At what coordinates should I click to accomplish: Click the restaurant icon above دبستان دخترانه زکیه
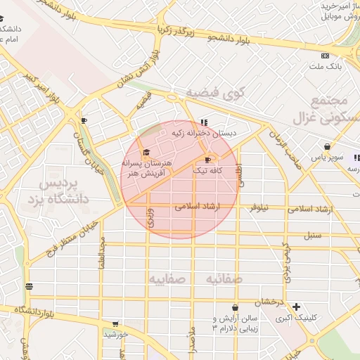[x=204, y=122]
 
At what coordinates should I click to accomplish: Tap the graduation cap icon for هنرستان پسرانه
[x=146, y=153]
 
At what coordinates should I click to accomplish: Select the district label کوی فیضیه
[x=214, y=93]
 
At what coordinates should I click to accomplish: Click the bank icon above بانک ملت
[x=324, y=56]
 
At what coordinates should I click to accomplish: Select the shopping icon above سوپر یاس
[x=327, y=147]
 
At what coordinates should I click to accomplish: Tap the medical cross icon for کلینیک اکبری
[x=297, y=307]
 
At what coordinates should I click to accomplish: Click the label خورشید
[x=115, y=334]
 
